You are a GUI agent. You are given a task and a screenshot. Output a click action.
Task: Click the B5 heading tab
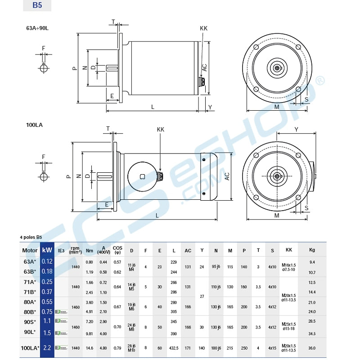pyautogui.click(x=37, y=5)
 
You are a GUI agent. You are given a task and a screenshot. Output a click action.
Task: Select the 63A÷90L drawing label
pyautogui.click(x=37, y=27)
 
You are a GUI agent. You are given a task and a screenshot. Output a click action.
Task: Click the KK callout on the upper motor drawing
pyautogui.click(x=203, y=28)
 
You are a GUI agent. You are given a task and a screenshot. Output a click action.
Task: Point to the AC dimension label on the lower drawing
pyautogui.click(x=227, y=176)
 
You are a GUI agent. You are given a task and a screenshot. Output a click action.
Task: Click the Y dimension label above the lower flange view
pyautogui.click(x=296, y=129)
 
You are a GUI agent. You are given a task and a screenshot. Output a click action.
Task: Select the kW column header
pyautogui.click(x=47, y=250)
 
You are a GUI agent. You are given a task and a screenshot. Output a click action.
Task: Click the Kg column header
pyautogui.click(x=312, y=250)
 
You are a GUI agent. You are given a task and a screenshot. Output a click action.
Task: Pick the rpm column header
pyautogui.click(x=75, y=250)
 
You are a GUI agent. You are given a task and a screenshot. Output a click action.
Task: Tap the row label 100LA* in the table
pyautogui.click(x=30, y=348)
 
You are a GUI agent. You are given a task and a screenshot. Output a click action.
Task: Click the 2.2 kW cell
pyautogui.click(x=47, y=348)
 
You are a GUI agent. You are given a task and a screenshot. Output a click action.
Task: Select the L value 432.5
pyautogui.click(x=173, y=348)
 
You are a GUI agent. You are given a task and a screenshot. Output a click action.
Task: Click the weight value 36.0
pyautogui.click(x=312, y=348)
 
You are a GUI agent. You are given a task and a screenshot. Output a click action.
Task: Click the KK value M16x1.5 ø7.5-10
pyautogui.click(x=288, y=267)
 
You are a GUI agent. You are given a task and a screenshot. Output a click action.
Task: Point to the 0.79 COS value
pyautogui.click(x=117, y=348)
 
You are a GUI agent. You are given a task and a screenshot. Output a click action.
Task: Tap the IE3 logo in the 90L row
pyautogui.click(x=61, y=333)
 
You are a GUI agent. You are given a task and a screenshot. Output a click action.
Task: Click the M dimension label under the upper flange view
pyautogui.click(x=277, y=107)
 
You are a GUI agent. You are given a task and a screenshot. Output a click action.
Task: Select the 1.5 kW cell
pyautogui.click(x=47, y=333)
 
